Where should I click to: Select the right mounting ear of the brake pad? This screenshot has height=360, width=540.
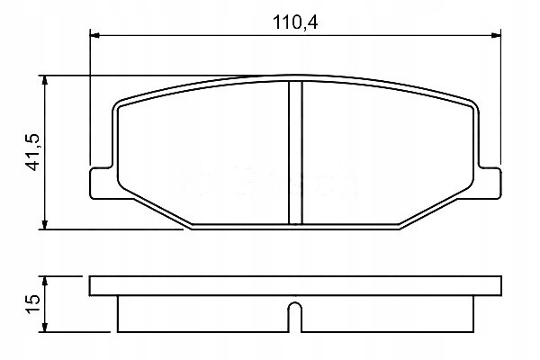(489, 180)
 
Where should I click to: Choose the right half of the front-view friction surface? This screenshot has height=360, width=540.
(387, 153)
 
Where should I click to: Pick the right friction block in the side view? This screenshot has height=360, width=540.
(387, 315)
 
